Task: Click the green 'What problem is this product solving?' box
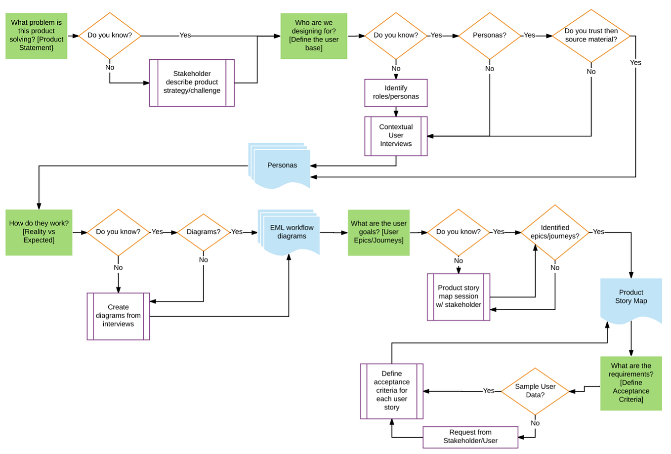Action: [x=36, y=36]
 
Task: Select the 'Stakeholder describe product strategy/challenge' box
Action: [x=192, y=83]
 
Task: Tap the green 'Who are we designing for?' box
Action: [x=314, y=36]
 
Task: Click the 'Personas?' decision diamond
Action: [x=489, y=36]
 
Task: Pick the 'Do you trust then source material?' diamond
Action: [x=591, y=36]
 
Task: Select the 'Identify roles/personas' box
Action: [x=396, y=92]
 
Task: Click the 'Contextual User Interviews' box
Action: [x=396, y=136]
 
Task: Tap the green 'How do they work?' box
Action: [x=39, y=232]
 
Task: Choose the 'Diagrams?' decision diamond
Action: [x=203, y=232]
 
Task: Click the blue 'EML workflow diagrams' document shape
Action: [x=291, y=232]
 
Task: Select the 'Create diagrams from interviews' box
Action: [x=118, y=316]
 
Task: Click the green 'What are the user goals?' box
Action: [x=378, y=232]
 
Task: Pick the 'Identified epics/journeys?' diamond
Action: [x=555, y=232]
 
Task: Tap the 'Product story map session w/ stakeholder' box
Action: [x=459, y=296]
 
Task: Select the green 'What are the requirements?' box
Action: [x=631, y=383]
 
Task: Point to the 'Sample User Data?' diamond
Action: [x=535, y=391]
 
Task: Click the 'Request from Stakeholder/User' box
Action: [x=470, y=437]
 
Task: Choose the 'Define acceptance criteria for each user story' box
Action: [x=391, y=391]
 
